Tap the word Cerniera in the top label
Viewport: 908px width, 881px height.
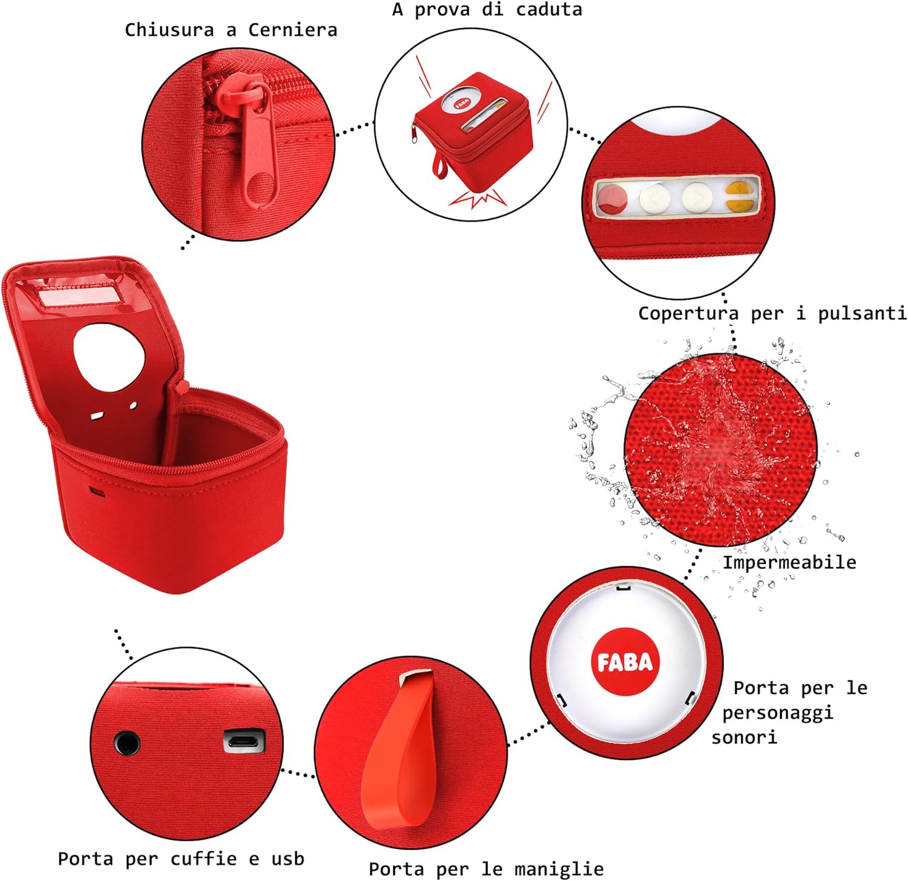[292, 30]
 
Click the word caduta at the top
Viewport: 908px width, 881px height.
[548, 10]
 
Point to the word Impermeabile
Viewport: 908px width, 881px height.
[789, 562]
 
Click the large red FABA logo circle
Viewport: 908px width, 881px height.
[625, 662]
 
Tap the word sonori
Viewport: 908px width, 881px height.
[744, 737]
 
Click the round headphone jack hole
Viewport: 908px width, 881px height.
[127, 743]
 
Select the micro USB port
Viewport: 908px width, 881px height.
[245, 740]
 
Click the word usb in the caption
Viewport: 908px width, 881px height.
[288, 859]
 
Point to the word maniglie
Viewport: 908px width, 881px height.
[559, 869]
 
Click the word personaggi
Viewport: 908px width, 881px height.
[777, 713]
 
